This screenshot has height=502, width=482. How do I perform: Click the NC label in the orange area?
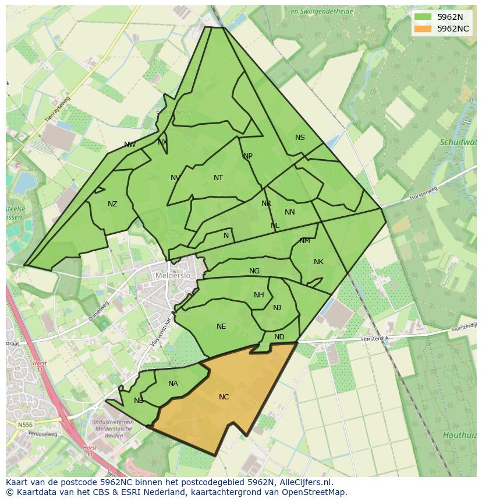[x=224, y=397]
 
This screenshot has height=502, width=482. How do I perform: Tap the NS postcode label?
[x=300, y=138]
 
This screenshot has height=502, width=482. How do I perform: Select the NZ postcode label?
[x=112, y=204]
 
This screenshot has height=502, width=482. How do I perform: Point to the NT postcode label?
[x=218, y=178]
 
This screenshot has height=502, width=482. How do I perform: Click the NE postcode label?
[x=221, y=327]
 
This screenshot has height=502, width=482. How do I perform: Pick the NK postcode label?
[x=318, y=262]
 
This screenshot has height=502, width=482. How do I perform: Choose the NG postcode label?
[x=254, y=271]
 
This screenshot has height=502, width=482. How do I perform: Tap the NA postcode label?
[x=173, y=384]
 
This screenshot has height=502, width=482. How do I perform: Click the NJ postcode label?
[x=277, y=308]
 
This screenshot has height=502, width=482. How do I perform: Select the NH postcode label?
[x=259, y=295]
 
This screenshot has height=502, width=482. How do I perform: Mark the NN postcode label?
[x=290, y=212]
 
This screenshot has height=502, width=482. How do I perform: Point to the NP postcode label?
[x=248, y=156]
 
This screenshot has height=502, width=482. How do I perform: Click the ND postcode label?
[x=279, y=337]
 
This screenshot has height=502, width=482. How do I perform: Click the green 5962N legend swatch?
[x=423, y=17]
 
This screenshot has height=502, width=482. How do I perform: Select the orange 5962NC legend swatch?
[x=423, y=29]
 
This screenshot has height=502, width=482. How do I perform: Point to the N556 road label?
[x=25, y=425]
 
